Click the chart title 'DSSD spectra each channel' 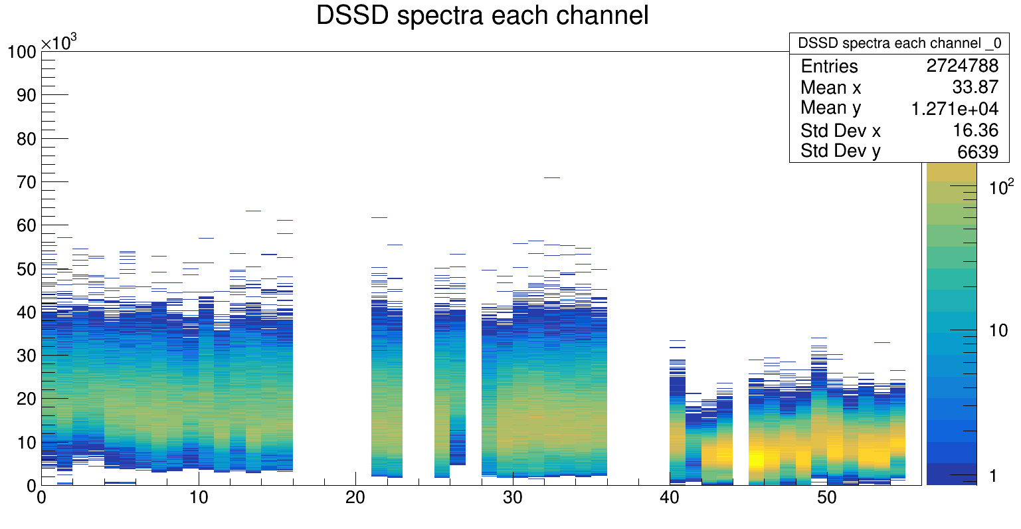coord(482,16)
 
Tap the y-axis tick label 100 coord(21,52)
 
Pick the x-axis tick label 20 coord(355,498)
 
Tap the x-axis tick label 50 coord(826,498)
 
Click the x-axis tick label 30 coord(512,498)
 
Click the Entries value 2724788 coord(963,66)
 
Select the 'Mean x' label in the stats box coord(830,87)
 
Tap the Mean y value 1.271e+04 coord(955,108)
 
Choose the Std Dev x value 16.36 coord(975,130)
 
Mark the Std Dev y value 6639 coord(978,152)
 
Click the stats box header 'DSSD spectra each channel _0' coord(899,43)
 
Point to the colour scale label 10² coord(996,187)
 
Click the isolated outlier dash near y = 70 coord(551,177)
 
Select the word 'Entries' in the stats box coord(829,66)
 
